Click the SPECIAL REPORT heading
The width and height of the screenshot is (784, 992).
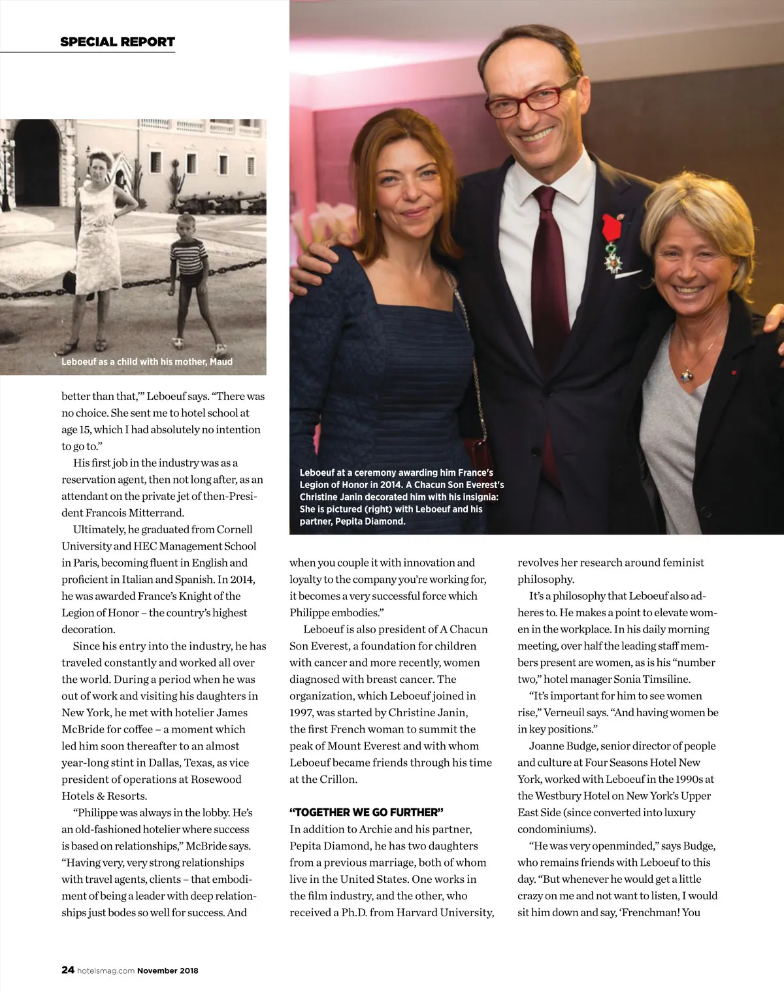click(x=118, y=42)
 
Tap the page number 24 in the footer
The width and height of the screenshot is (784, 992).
click(x=67, y=970)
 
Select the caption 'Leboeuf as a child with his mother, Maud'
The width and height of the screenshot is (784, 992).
click(x=147, y=361)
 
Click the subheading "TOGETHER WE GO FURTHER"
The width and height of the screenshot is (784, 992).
click(x=367, y=812)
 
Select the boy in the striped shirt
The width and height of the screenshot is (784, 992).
click(x=189, y=274)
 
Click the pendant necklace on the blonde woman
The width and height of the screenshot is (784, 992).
click(x=687, y=374)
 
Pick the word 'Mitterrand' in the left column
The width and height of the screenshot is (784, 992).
click(x=156, y=512)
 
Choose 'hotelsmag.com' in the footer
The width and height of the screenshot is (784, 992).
click(x=106, y=970)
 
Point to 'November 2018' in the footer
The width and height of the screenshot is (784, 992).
click(x=167, y=970)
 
